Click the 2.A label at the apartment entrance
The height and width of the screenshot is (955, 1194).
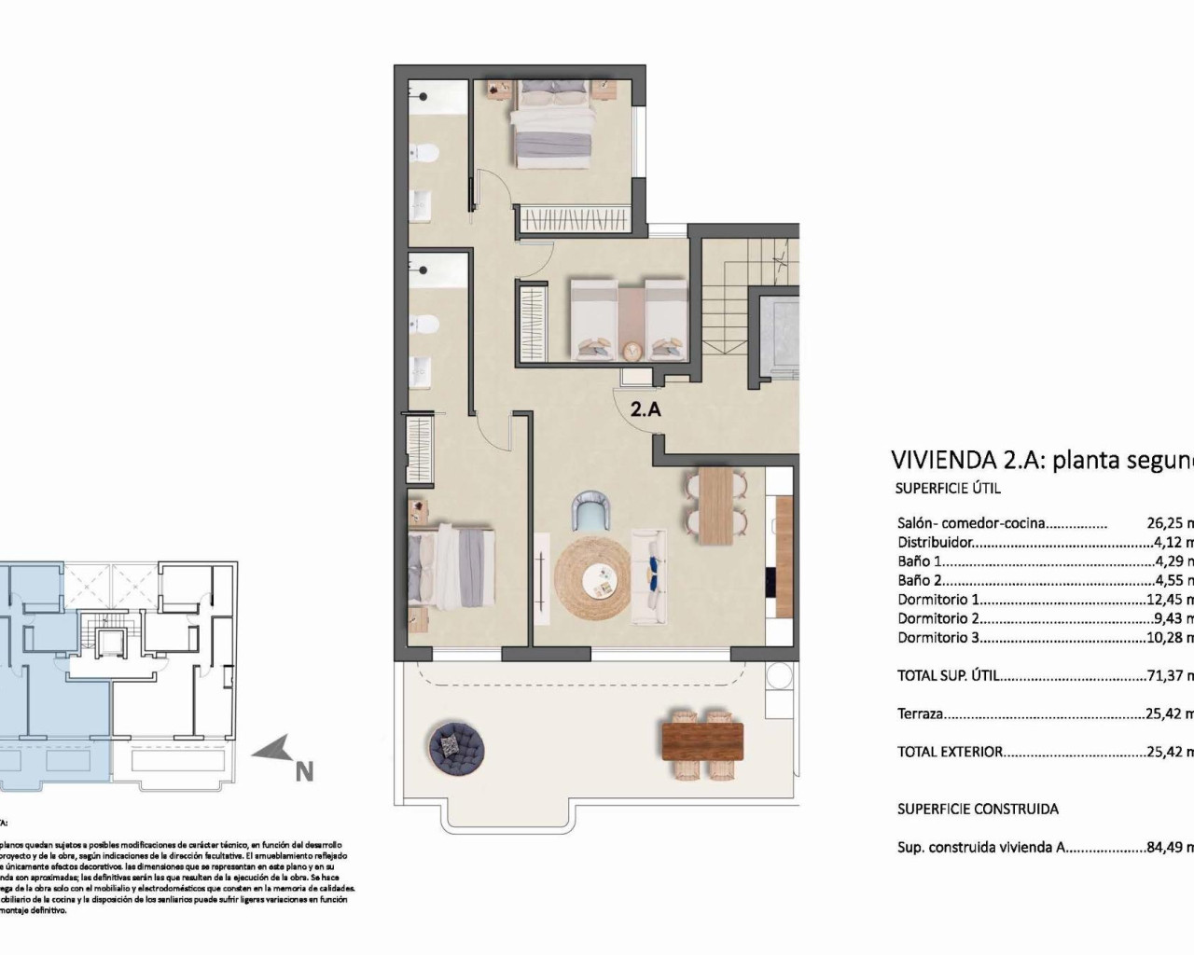pos(646,408)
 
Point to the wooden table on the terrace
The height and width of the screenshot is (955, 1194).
pos(702,742)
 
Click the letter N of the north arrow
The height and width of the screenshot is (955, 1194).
pos(303,772)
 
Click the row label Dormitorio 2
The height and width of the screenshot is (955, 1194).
pos(938,618)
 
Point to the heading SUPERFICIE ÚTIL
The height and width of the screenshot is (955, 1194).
pos(948,488)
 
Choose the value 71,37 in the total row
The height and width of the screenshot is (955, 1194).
pos(1166,676)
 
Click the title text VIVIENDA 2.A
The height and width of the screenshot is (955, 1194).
pos(966,460)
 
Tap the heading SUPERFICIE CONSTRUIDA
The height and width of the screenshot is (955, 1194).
pos(978,810)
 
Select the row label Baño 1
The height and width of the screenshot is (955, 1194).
pos(920,561)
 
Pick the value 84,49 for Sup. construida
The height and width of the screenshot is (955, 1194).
pos(1166,849)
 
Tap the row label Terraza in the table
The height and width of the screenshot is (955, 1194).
pos(921,714)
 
